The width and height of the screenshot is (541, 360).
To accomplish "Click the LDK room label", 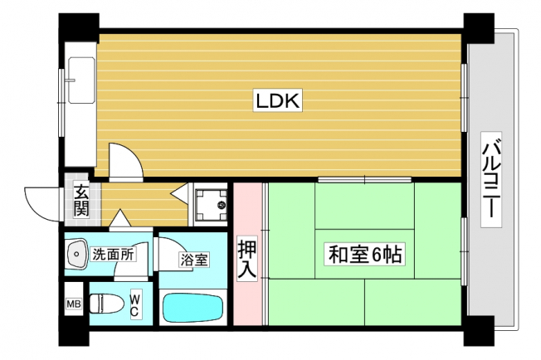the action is point(278,100).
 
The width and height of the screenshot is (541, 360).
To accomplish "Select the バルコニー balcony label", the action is point(491,179).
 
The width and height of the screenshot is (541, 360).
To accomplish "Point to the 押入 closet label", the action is point(248,259).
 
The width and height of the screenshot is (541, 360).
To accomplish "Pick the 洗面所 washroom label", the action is point(113,255).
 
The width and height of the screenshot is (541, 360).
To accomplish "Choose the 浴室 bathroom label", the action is point(194,260).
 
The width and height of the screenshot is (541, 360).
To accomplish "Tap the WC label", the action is point(134,304).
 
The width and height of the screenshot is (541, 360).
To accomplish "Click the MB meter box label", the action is point(74,304).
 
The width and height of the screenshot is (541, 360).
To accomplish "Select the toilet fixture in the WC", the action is point(106,304).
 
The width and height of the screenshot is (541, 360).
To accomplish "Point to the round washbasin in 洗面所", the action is point(76,255).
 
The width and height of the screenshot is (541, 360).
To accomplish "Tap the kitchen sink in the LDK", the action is point(81,80).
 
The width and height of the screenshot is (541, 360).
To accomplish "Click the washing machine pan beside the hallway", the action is point(210,206).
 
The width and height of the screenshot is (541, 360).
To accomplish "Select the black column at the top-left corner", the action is point(79,27).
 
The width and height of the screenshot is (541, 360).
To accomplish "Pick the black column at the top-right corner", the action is point(479,28).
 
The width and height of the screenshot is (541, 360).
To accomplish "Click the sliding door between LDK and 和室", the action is point(365,179).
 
